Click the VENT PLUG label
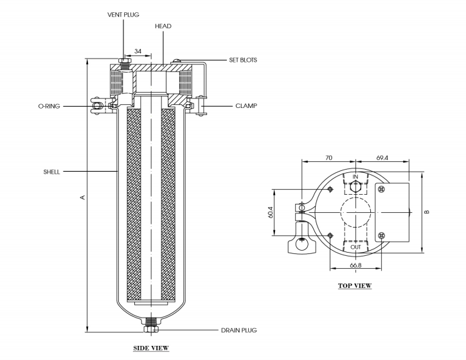[x=123, y=15]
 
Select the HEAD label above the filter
[x=163, y=26]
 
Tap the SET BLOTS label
[x=243, y=60]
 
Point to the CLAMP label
[x=246, y=106]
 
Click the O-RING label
[x=49, y=106]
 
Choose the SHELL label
[x=51, y=172]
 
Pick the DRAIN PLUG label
[x=238, y=330]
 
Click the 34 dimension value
[x=138, y=51]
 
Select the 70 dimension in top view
[x=328, y=158]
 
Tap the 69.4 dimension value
[x=382, y=158]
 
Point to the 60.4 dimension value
[x=271, y=212]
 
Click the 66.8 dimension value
[x=355, y=265]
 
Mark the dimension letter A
[x=83, y=197]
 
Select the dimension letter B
[x=427, y=212]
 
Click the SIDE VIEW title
[x=151, y=348]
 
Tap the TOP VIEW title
[x=355, y=285]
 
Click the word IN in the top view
[x=355, y=177]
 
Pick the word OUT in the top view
[x=355, y=247]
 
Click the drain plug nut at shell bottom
[x=151, y=329]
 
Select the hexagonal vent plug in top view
[x=355, y=187]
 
